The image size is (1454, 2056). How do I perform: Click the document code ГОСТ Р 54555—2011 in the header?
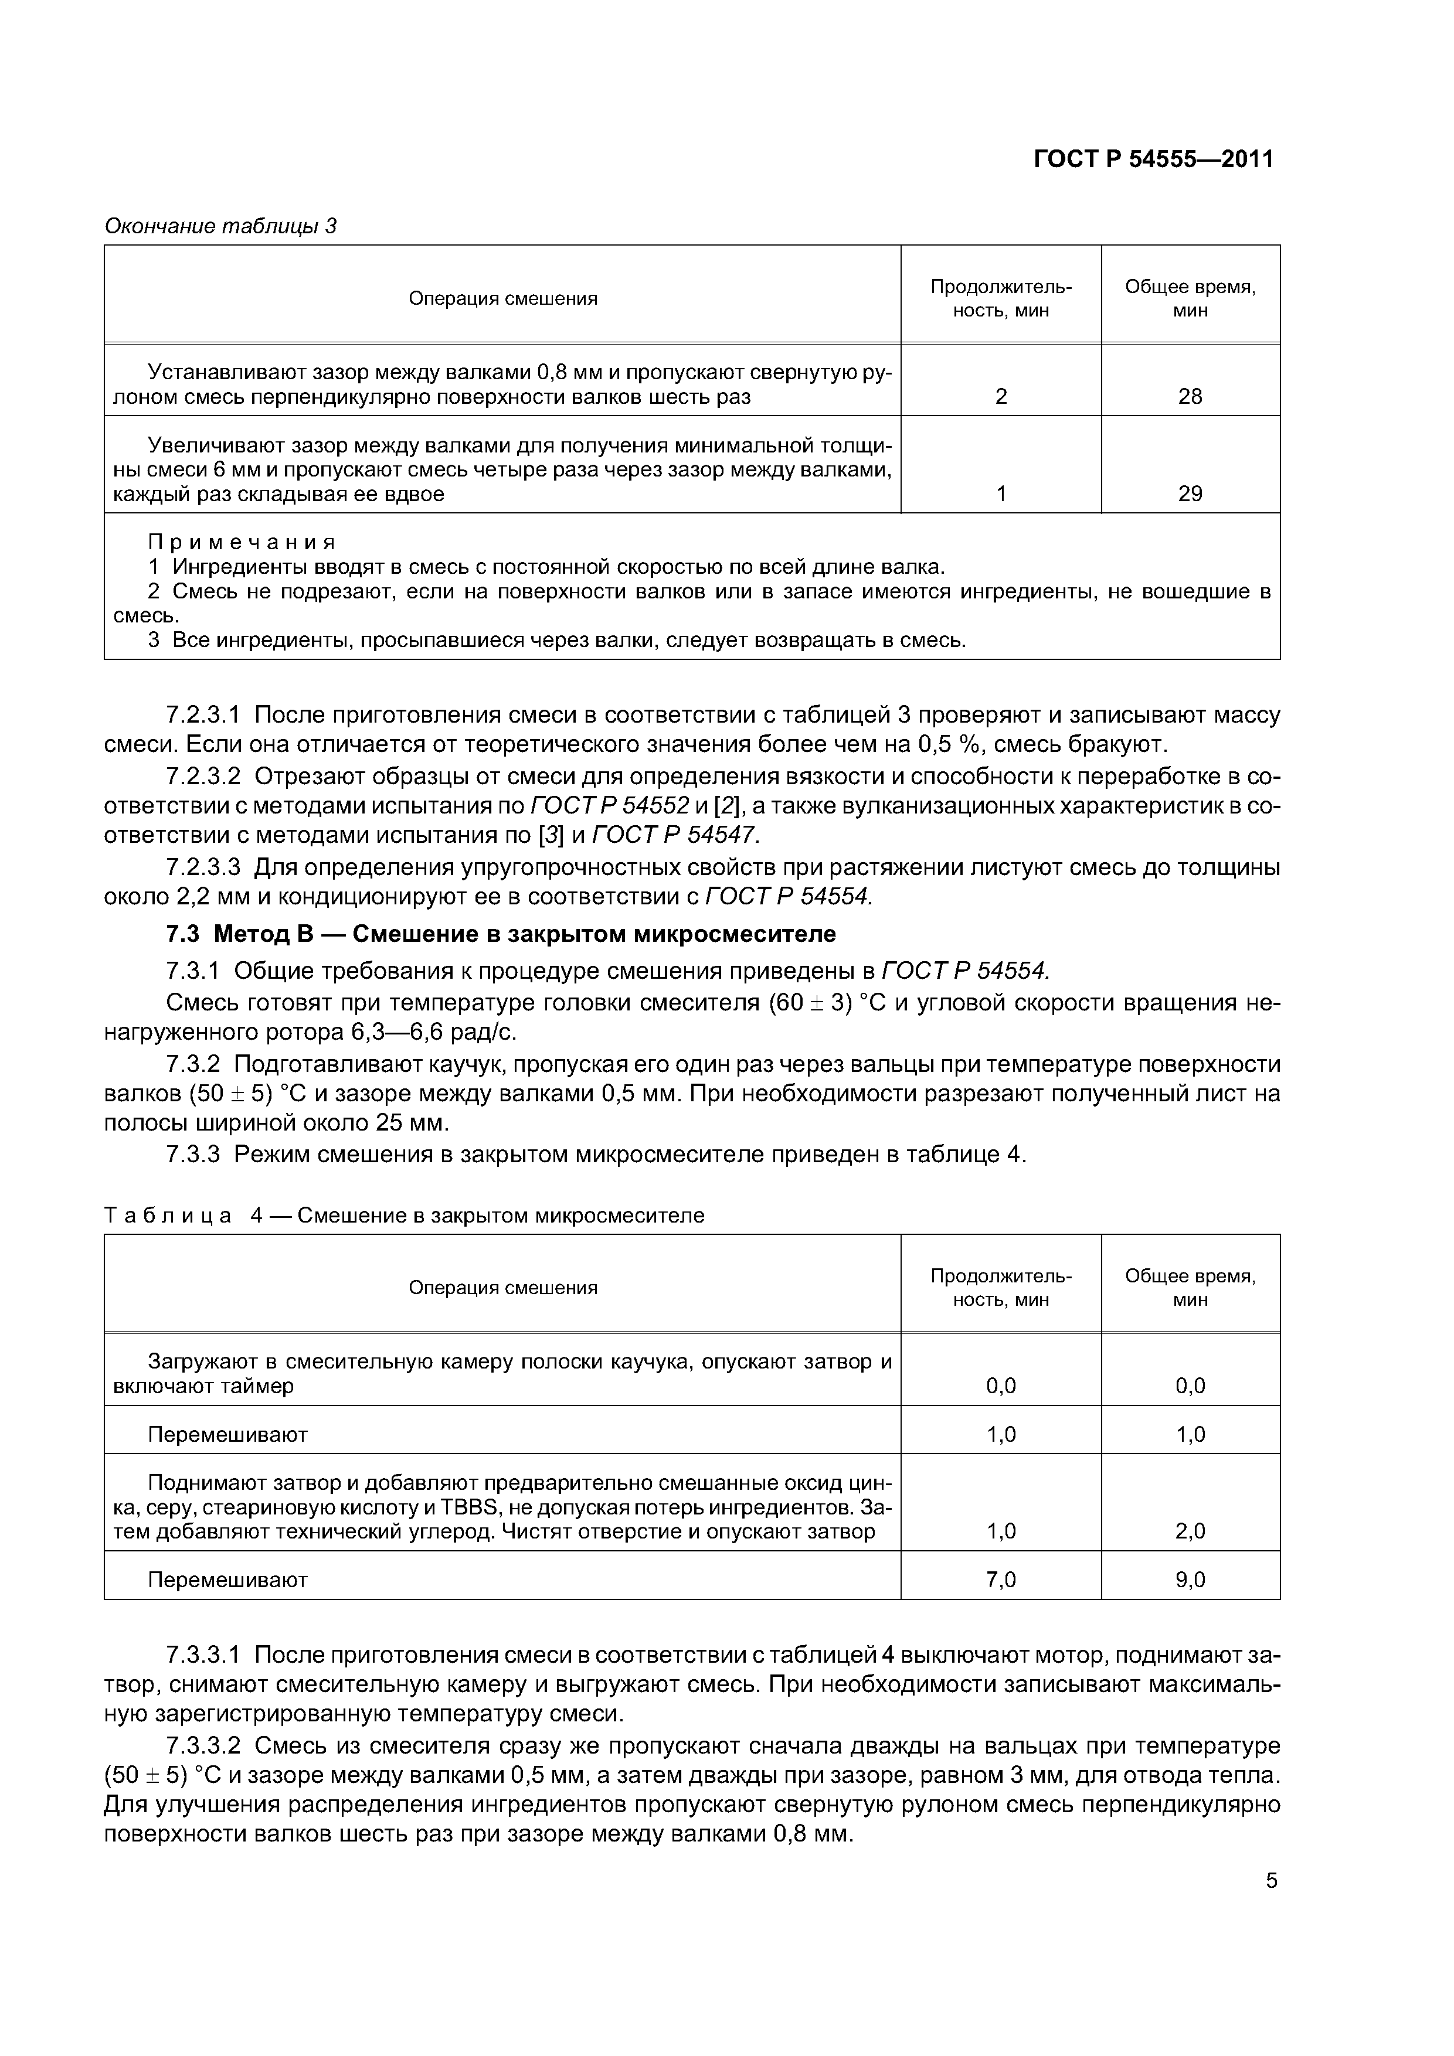tap(1153, 159)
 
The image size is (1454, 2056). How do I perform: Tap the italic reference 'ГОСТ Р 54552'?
tap(610, 806)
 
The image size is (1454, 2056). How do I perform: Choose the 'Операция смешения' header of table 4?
tap(502, 1288)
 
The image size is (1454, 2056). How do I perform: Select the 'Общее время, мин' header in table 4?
tap(1190, 1288)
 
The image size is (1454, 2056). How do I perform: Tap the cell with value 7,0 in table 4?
tap(1001, 1580)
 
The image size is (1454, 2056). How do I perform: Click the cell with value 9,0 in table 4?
tap(1190, 1580)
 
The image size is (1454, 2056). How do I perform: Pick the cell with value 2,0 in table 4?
tap(1190, 1531)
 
